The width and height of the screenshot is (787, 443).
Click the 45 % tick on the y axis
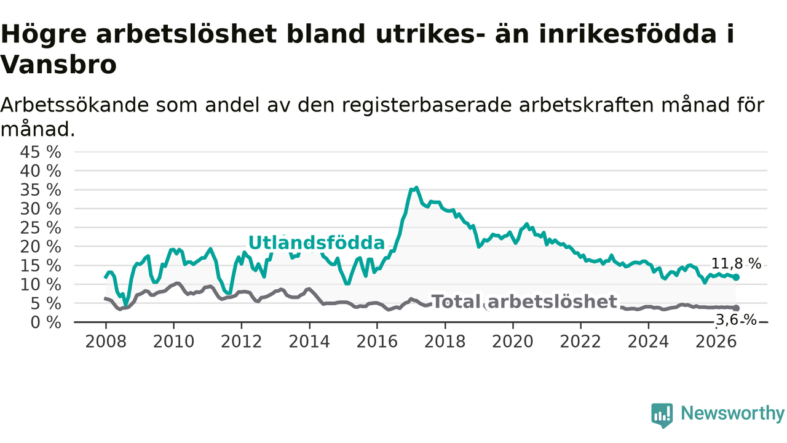(41, 153)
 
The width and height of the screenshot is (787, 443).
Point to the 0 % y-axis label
(45, 322)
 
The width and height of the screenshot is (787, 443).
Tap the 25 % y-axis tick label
(41, 228)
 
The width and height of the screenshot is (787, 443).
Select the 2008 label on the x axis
(106, 341)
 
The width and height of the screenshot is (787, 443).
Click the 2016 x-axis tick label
(377, 341)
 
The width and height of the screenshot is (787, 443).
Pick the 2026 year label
(716, 341)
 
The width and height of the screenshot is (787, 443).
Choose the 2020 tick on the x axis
(513, 341)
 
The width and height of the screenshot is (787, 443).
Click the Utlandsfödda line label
(317, 242)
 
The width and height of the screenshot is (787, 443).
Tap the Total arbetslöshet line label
(524, 301)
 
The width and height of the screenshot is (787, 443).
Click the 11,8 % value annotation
(736, 264)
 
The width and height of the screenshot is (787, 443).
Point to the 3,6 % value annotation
(736, 320)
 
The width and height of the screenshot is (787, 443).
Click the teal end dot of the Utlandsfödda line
(736, 277)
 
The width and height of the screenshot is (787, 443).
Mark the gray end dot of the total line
(736, 308)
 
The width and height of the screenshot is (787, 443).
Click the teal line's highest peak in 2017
(416, 188)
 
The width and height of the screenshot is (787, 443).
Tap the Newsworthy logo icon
(662, 415)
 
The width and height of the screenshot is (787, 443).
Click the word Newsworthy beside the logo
(732, 413)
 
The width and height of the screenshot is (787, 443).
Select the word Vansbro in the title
(58, 65)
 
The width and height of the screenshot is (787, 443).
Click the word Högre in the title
(44, 34)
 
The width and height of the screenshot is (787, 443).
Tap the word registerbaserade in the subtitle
(427, 105)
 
